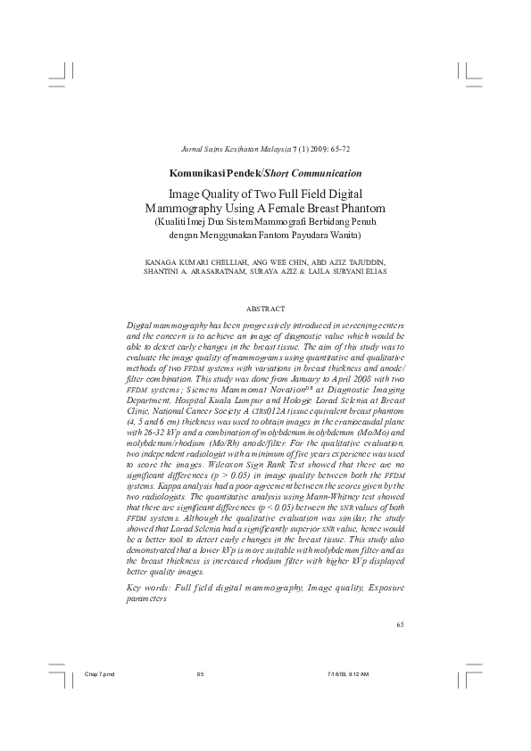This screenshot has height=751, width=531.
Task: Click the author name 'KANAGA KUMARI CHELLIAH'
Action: point(193,263)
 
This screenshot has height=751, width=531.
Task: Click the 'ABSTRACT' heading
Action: point(264,308)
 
